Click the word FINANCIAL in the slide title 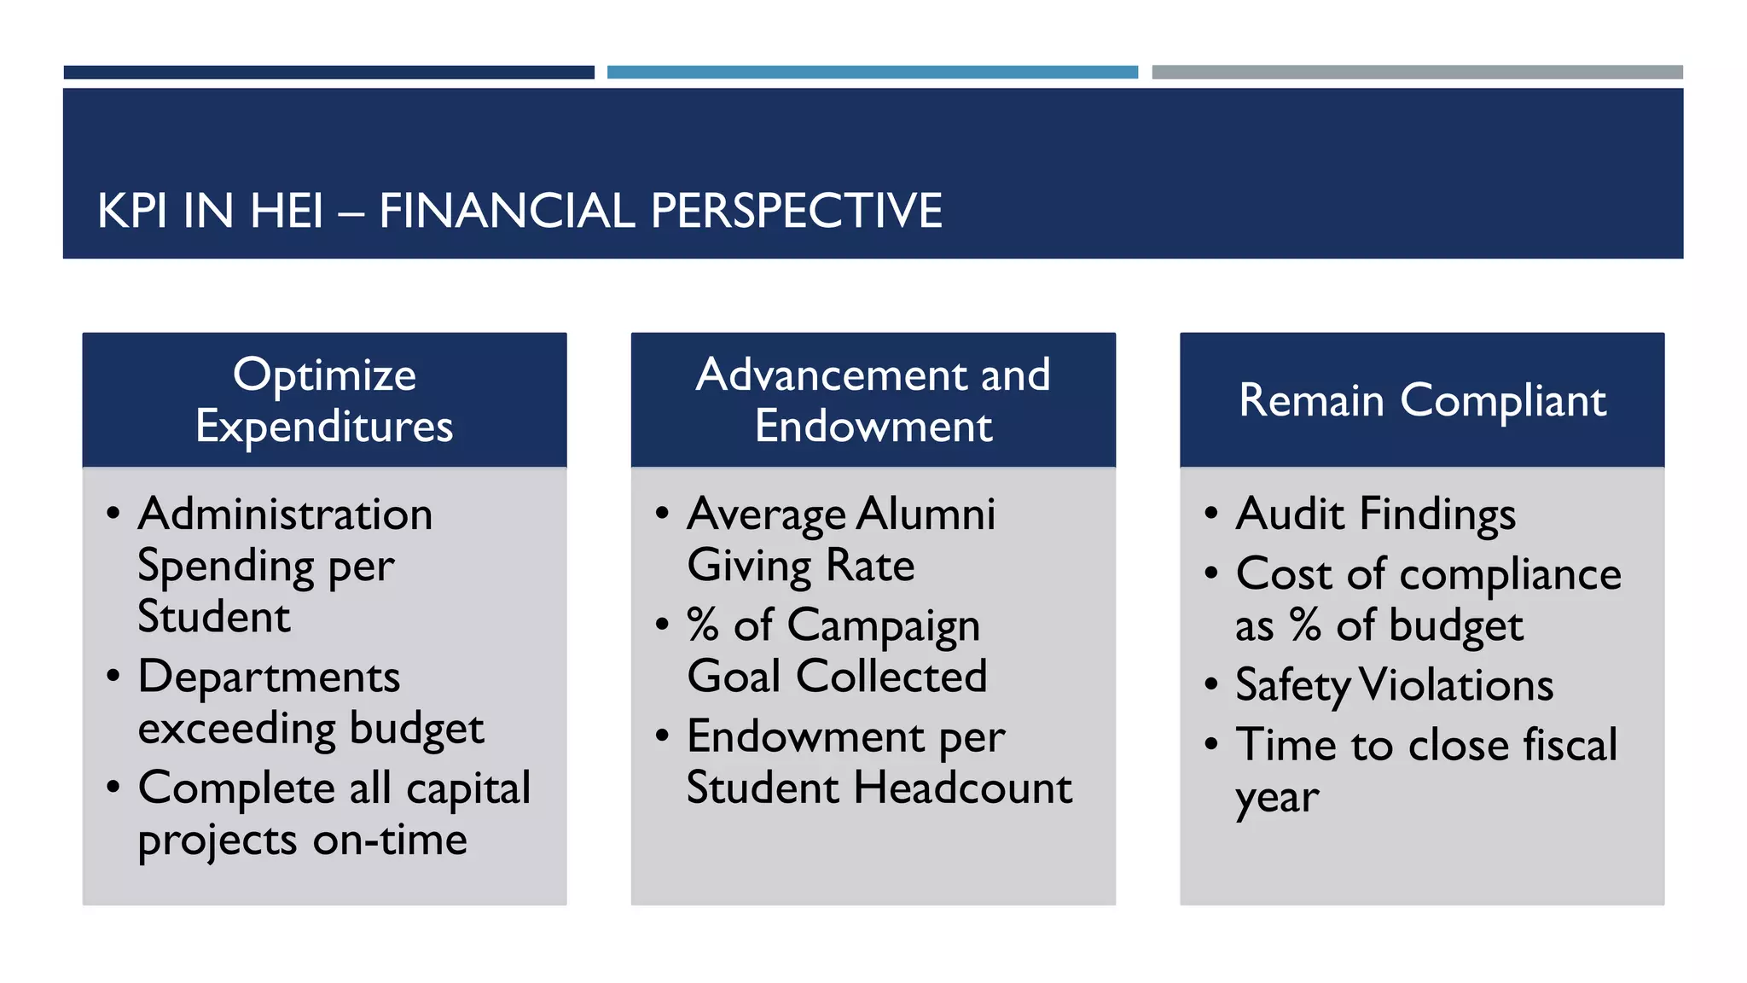[x=507, y=211]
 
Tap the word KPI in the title [x=131, y=211]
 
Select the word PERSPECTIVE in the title [x=796, y=211]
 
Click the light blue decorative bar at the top [x=872, y=73]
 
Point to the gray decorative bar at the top [x=1417, y=73]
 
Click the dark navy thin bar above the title [x=328, y=73]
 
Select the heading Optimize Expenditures [x=324, y=400]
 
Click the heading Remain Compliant [x=1422, y=400]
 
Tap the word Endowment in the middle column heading [x=873, y=426]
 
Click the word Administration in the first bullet [x=285, y=515]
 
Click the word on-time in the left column [x=390, y=840]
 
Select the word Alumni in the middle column [x=926, y=515]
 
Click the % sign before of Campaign [x=703, y=625]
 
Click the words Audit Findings [x=1375, y=515]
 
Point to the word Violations [x=1455, y=685]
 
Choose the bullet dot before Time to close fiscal [x=1211, y=744]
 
